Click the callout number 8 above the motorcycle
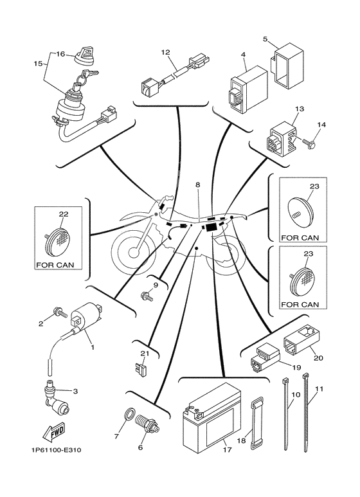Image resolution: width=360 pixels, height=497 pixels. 198,184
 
